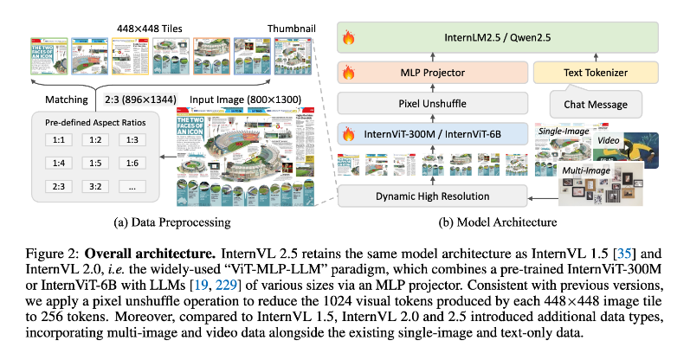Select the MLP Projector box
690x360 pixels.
click(x=433, y=76)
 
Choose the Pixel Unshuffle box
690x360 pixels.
click(x=433, y=105)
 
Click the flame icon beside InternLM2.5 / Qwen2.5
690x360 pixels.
click(x=351, y=38)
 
